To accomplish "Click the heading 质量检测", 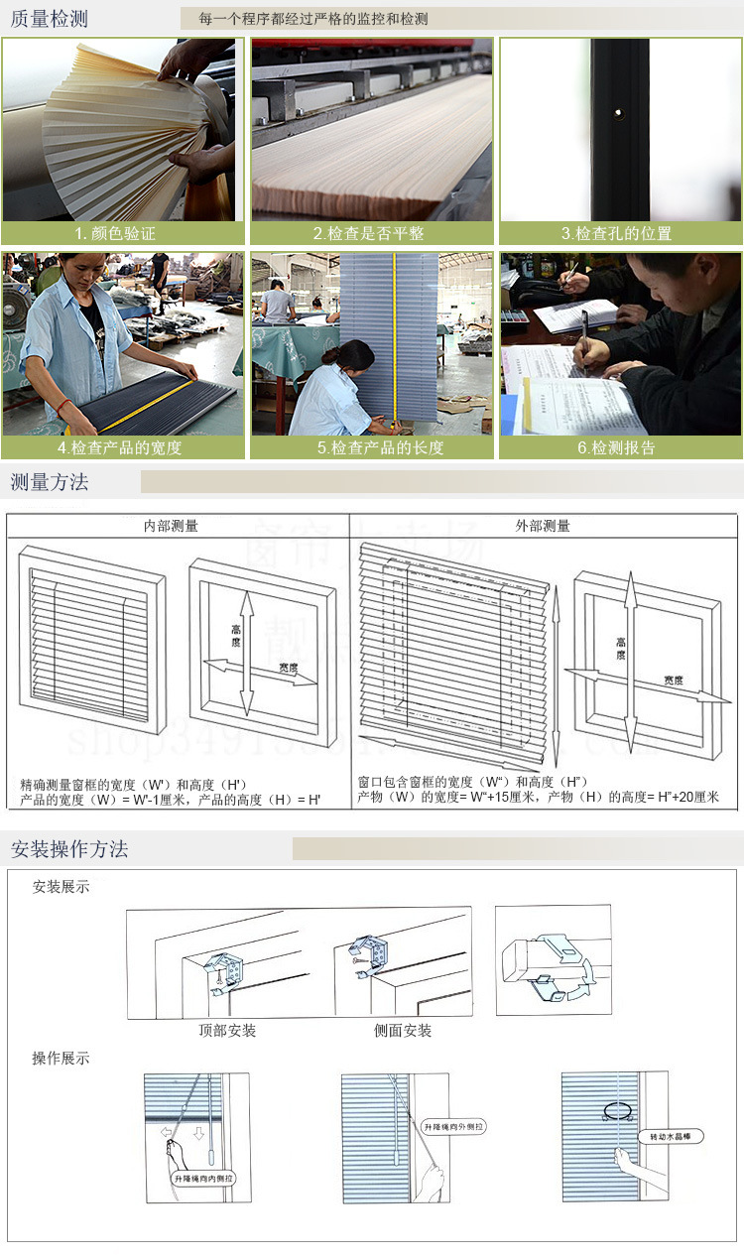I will (50, 19).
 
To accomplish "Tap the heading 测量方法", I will (50, 483).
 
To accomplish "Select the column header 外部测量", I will (543, 526).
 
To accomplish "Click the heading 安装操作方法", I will (69, 849).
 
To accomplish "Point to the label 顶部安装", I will (227, 1031).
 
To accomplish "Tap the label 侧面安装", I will (403, 1031).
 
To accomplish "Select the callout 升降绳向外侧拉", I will (452, 1128).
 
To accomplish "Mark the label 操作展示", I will (61, 1059).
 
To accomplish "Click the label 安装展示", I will (61, 887).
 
